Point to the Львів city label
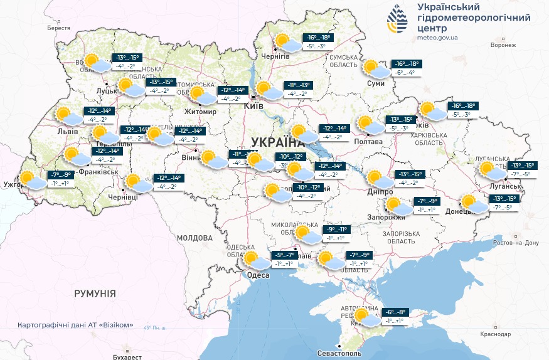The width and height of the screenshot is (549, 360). [x=67, y=132]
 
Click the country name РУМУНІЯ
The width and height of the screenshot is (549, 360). [x=95, y=293]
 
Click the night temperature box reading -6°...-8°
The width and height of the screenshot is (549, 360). [x=396, y=312]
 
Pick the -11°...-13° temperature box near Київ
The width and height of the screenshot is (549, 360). [x=299, y=85]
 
